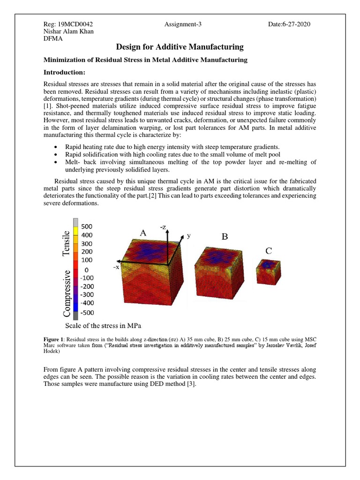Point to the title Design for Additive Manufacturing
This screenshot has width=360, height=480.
[x=180, y=47]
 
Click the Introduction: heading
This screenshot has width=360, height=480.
[x=64, y=73]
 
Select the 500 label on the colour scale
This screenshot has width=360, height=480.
[x=87, y=226]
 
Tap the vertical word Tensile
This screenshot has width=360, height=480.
[x=66, y=243]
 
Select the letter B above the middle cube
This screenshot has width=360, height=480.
[x=225, y=237]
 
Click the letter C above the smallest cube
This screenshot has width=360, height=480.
[x=269, y=252]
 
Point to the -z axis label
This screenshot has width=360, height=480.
[x=164, y=227]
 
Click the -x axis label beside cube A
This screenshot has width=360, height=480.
[x=115, y=267]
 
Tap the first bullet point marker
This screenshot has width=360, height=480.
[x=56, y=146]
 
